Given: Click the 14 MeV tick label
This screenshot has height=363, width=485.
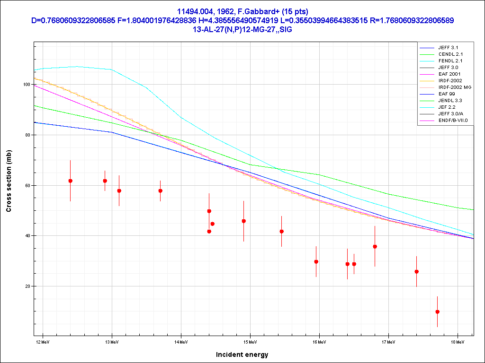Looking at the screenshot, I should tap(181, 341).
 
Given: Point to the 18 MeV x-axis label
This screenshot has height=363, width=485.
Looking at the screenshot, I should tap(458, 341).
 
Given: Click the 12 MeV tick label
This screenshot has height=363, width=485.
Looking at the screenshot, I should tap(43, 341).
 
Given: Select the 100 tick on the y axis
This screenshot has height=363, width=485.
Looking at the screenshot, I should tap(27, 85).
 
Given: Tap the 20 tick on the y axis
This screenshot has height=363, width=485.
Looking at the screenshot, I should tap(27, 286).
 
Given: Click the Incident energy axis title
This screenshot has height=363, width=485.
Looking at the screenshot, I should tap(242, 354).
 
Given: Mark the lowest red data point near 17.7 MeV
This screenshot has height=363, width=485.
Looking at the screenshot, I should tap(437, 311).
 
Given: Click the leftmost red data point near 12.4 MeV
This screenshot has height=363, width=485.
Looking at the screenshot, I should tap(70, 181).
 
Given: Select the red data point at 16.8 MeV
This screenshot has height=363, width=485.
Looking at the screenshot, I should tap(375, 246).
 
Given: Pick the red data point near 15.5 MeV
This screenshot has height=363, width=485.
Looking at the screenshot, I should tap(281, 231).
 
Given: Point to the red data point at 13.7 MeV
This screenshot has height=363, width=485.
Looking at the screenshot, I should tap(160, 191).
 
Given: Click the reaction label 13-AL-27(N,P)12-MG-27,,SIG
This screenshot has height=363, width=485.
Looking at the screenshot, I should tap(242, 29).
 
